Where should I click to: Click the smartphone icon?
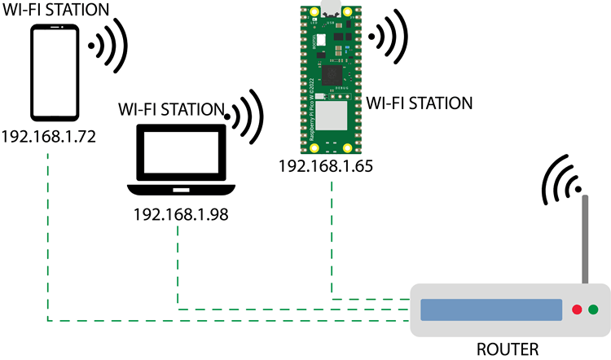pos(55,72)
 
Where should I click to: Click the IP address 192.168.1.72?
pos(50,135)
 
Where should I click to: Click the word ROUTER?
pos(508,349)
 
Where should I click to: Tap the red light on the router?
pos(577,310)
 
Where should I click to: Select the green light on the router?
pos(593,310)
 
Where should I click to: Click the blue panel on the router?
pos(491,310)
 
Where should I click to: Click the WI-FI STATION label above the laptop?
pos(172,108)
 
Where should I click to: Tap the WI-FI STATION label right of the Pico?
pos(420,103)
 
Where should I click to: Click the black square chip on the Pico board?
pos(333,74)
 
